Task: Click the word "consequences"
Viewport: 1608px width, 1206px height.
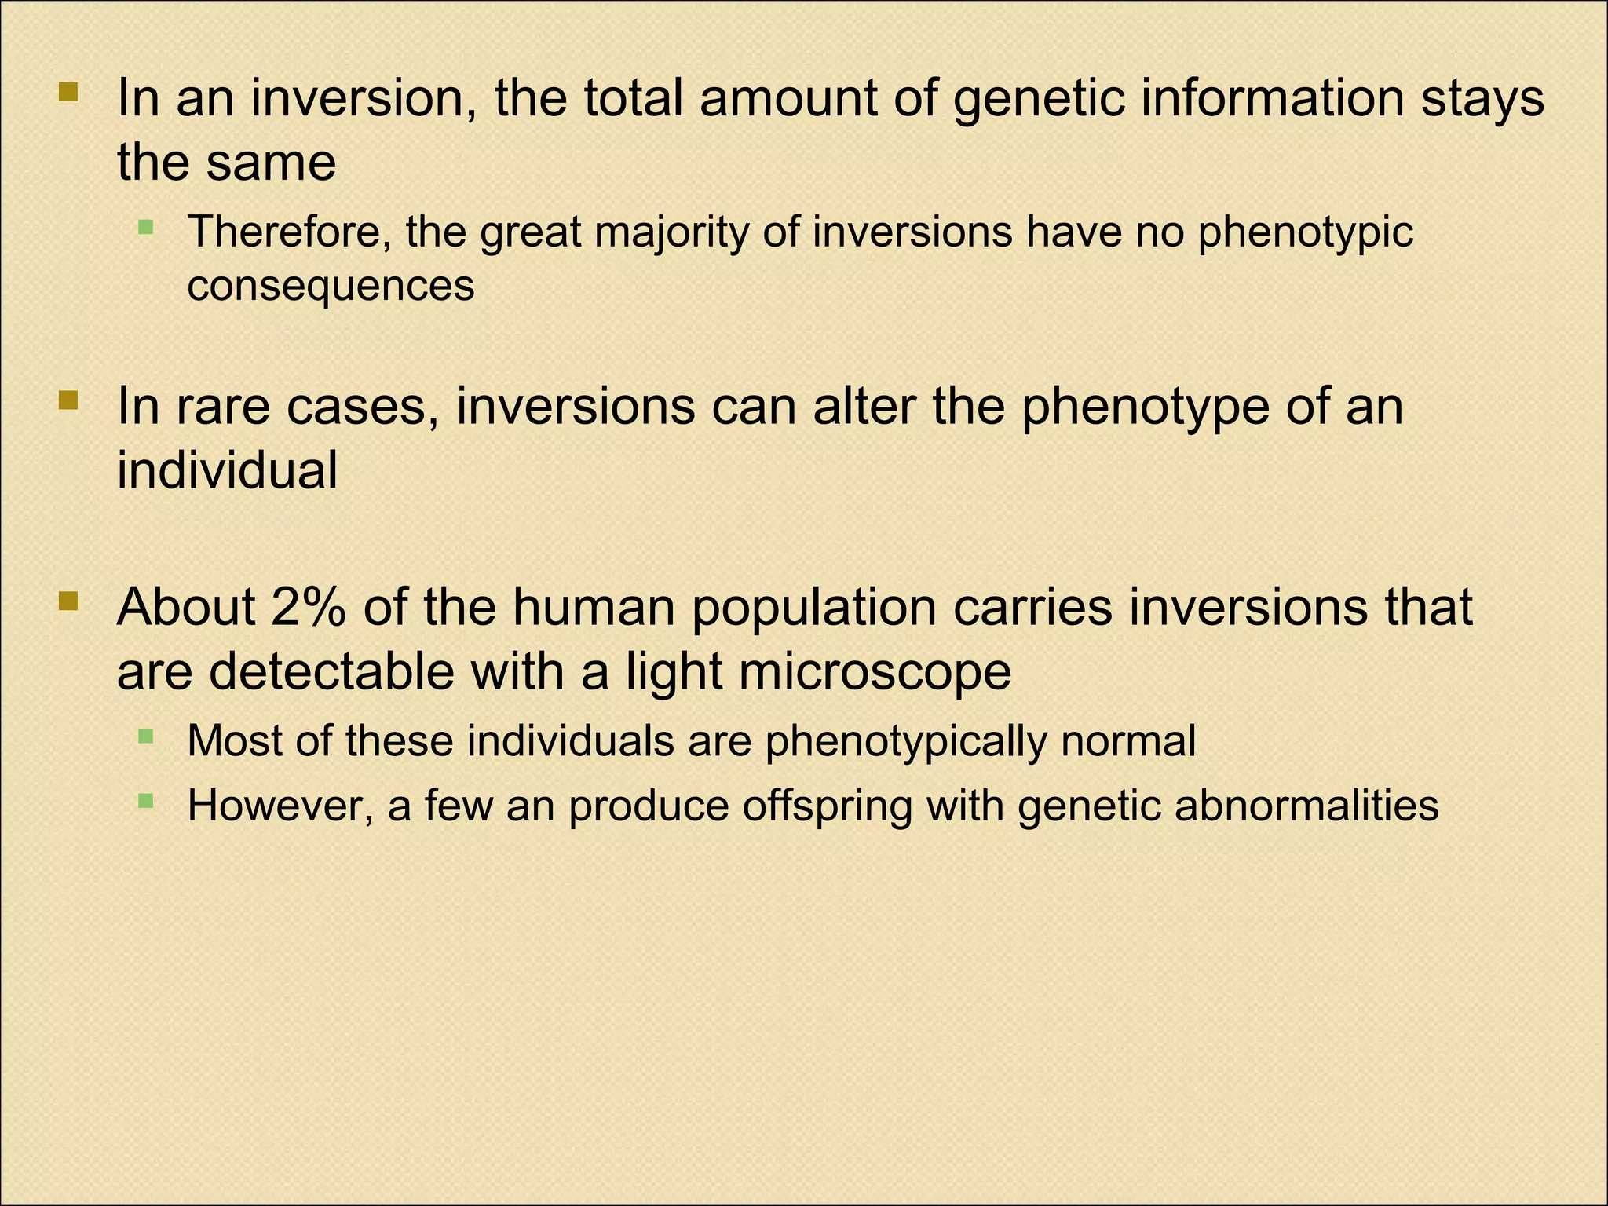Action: coord(331,285)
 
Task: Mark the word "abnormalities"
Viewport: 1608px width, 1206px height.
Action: coord(1306,806)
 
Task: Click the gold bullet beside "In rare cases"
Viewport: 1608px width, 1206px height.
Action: coord(69,402)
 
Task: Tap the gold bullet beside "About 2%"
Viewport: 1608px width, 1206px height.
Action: coord(69,602)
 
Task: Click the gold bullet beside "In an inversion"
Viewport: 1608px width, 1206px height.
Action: coord(69,93)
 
